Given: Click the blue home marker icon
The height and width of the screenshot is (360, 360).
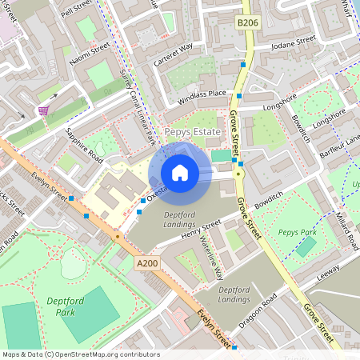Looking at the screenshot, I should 180,172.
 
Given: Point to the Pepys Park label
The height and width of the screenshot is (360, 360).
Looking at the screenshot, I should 298,233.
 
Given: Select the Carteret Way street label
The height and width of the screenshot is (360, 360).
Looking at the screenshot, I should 174,53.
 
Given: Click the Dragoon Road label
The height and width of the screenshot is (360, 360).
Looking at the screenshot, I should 258,311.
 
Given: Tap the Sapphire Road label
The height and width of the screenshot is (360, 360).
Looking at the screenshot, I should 84,143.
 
